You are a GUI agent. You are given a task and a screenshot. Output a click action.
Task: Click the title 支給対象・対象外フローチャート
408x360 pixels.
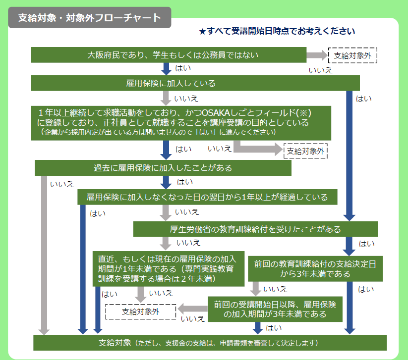click(x=89, y=18)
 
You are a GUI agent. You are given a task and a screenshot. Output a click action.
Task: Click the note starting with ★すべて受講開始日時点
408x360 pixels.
click(x=277, y=31)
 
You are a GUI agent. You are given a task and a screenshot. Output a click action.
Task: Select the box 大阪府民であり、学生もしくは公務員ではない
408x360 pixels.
click(x=169, y=55)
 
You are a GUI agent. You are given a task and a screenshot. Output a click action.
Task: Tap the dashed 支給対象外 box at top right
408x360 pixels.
click(x=352, y=55)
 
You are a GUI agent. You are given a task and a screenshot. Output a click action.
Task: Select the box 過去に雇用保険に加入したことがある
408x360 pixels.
click(x=163, y=167)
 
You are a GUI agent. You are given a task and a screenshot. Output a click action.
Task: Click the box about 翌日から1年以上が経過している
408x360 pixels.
click(x=207, y=197)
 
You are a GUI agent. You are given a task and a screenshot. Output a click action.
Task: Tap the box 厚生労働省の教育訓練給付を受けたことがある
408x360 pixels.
click(x=255, y=229)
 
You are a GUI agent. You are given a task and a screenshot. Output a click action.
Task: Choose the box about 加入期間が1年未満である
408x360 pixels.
click(x=169, y=269)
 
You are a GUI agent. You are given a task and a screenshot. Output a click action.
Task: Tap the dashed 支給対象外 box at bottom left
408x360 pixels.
click(x=141, y=311)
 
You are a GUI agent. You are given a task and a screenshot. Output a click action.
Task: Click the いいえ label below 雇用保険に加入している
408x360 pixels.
click(x=186, y=99)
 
